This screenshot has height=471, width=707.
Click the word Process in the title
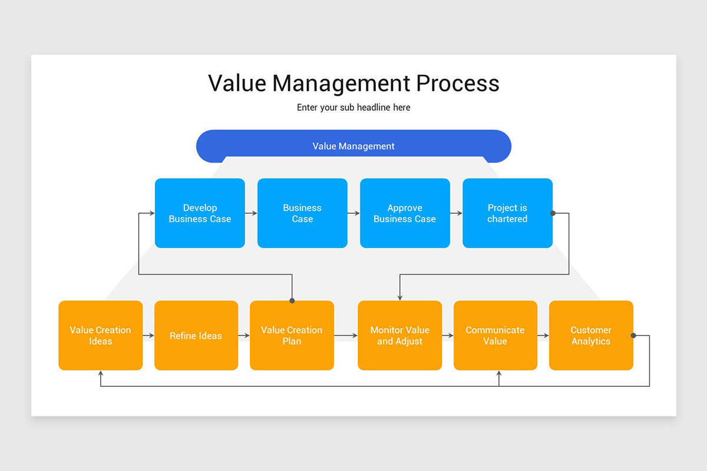click(x=458, y=84)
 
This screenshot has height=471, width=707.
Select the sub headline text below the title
click(x=353, y=108)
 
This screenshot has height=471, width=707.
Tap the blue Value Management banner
click(x=353, y=146)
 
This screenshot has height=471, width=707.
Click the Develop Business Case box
click(x=200, y=213)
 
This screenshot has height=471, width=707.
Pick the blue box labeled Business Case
click(x=302, y=213)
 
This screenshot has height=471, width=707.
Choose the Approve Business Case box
click(x=405, y=213)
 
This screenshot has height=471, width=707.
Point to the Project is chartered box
click(x=507, y=213)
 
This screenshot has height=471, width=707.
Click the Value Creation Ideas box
click(x=101, y=336)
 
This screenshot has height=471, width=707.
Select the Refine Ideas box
click(x=196, y=336)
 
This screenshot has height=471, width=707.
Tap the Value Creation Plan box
click(x=292, y=336)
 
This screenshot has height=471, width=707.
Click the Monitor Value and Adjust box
click(x=400, y=336)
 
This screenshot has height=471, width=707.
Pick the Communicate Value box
click(x=495, y=336)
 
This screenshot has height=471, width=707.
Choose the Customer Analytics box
click(x=591, y=336)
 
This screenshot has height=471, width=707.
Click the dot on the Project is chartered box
click(x=553, y=213)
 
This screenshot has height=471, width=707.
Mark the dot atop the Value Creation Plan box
click(x=292, y=301)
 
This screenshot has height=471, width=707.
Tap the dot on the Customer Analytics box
click(x=633, y=336)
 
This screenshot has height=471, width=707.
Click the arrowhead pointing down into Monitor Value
click(x=400, y=297)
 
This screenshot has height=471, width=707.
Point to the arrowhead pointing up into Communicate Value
click(x=499, y=374)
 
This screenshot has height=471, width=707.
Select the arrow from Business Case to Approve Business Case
click(x=353, y=213)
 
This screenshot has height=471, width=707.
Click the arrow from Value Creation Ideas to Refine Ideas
click(x=148, y=336)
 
